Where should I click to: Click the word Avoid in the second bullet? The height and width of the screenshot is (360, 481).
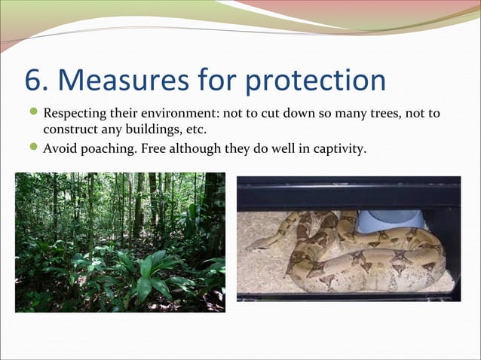[x=58, y=148]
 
